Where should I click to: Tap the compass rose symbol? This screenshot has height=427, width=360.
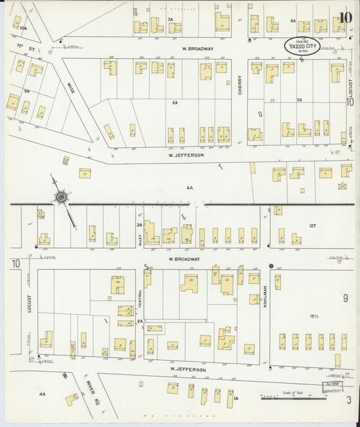tap(61, 197)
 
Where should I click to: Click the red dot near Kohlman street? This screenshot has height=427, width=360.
tap(272, 266)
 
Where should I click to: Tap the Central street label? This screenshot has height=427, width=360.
tap(140, 298)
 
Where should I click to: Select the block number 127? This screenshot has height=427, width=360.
tap(313, 226)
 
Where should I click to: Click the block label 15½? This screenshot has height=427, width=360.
tap(314, 316)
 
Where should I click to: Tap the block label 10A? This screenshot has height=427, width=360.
tap(23, 28)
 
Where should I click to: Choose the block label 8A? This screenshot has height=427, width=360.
tap(175, 103)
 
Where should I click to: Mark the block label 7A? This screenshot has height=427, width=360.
tap(170, 20)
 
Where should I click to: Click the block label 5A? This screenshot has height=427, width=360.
tap(299, 100)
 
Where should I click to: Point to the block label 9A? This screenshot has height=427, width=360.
tap(27, 90)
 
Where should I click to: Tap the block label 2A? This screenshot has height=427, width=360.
tap(140, 322)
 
